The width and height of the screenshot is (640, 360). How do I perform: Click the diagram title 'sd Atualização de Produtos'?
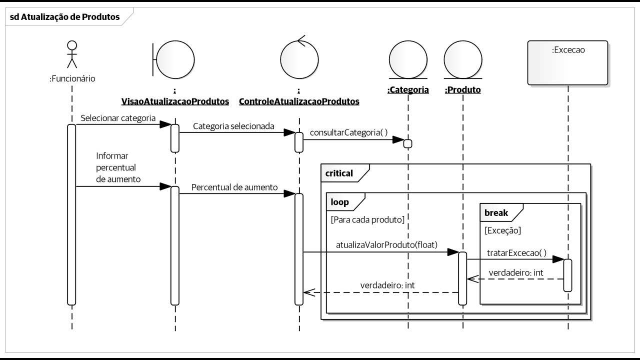click(64, 17)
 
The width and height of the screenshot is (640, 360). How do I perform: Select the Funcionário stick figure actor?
click(72, 54)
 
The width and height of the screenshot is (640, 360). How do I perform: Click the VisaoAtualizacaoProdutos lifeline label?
click(175, 101)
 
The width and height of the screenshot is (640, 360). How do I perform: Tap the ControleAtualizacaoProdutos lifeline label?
click(299, 101)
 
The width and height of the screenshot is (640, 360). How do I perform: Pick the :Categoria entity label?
click(408, 90)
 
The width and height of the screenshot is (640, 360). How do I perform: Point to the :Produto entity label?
click(462, 90)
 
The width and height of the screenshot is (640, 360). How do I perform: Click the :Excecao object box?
click(568, 62)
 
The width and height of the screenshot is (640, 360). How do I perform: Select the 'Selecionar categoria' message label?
click(118, 117)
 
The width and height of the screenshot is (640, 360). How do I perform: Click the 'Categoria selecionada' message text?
click(233, 126)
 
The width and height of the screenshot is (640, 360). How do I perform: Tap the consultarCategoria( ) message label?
click(348, 132)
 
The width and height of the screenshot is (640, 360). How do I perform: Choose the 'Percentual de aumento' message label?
click(234, 187)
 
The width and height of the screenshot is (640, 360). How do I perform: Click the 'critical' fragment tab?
click(339, 174)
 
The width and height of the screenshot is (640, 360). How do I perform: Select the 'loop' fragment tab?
click(340, 202)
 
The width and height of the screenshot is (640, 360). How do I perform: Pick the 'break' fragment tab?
click(496, 213)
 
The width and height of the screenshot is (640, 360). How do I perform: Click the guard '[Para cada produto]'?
click(367, 219)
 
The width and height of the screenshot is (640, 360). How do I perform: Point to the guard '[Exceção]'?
click(502, 230)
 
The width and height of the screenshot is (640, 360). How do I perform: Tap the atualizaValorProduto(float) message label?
click(386, 245)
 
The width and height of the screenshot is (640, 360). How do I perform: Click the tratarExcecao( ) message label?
click(516, 253)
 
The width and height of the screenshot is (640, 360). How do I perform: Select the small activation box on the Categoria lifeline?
click(407, 144)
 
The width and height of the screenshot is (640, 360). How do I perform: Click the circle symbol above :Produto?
click(462, 59)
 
